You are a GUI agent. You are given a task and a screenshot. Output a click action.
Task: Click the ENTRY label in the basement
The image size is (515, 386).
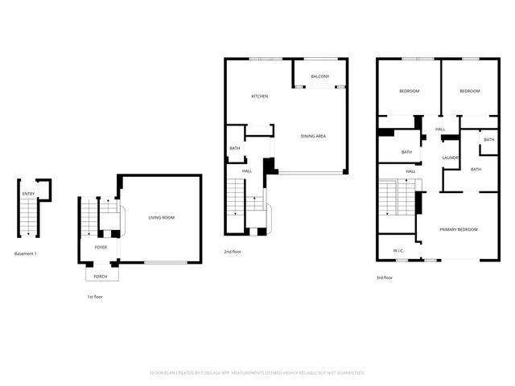pyautogui.click(x=28, y=194)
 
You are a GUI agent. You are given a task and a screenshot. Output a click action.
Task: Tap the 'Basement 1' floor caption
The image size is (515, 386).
pyautogui.click(x=26, y=254)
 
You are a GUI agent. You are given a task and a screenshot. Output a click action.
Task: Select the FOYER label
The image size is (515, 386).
pyautogui.click(x=101, y=248)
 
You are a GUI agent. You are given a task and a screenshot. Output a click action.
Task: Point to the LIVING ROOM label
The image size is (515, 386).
pyautogui.click(x=161, y=218)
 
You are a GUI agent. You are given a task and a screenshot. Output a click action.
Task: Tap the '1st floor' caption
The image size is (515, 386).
pyautogui.click(x=94, y=297)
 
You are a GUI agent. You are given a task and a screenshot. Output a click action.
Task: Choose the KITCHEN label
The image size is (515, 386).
pyautogui.click(x=259, y=96)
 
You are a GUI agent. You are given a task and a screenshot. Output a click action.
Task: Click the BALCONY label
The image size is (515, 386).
pyautogui.click(x=320, y=76)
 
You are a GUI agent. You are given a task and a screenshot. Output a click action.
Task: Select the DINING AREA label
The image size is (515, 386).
pyautogui.click(x=313, y=137)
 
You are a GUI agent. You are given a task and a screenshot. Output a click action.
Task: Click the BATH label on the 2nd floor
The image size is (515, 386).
pyautogui.click(x=234, y=148)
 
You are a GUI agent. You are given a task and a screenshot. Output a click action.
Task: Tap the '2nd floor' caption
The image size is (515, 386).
pyautogui.click(x=233, y=253)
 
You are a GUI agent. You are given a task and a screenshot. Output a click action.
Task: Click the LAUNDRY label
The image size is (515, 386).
pyautogui.click(x=451, y=158)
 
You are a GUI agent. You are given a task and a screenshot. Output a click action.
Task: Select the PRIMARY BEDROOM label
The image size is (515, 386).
pyautogui.click(x=458, y=230)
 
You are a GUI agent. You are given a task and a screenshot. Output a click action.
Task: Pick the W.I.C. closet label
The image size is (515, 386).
pyautogui.click(x=398, y=251)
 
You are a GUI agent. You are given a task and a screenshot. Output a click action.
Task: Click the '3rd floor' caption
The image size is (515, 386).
pyautogui.click(x=385, y=277)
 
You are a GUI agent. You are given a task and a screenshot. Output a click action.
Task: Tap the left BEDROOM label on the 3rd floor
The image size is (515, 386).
pyautogui.click(x=410, y=92)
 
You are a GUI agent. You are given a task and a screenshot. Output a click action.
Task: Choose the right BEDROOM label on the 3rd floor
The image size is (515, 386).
pyautogui.click(x=469, y=92)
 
